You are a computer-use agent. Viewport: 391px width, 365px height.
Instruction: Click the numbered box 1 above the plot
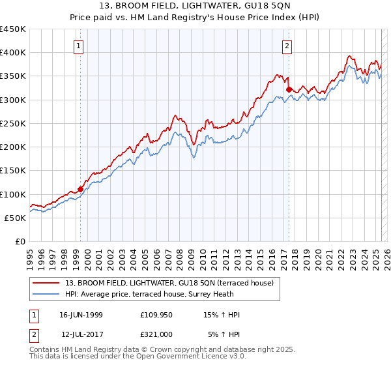pos(79,46)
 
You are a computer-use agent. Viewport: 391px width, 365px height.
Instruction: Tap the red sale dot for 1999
pos(81,189)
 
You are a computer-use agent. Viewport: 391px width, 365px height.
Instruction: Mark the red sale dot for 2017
pos(289,89)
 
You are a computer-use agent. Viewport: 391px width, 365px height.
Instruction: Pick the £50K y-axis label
pos(15,218)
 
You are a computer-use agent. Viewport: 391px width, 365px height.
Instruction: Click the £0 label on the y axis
pos(20,242)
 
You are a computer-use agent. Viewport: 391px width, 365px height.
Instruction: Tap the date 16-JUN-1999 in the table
pos(81,315)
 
